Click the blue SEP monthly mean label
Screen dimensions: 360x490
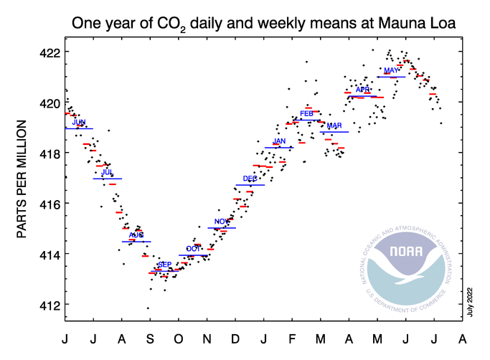coord(164,265)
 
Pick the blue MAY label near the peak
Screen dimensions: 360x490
coord(391,70)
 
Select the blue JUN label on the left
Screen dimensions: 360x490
coord(79,123)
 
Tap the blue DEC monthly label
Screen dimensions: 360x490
coord(250,179)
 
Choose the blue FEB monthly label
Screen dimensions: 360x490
coord(306,113)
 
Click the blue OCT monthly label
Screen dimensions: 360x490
coord(193,249)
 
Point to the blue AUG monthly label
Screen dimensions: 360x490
coord(136,235)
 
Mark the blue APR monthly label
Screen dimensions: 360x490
coord(362,90)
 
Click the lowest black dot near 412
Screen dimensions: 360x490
coord(149,308)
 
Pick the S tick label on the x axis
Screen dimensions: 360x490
coord(149,337)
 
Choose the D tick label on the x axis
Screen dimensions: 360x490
coord(235,337)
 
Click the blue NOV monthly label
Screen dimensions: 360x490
coord(222,221)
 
